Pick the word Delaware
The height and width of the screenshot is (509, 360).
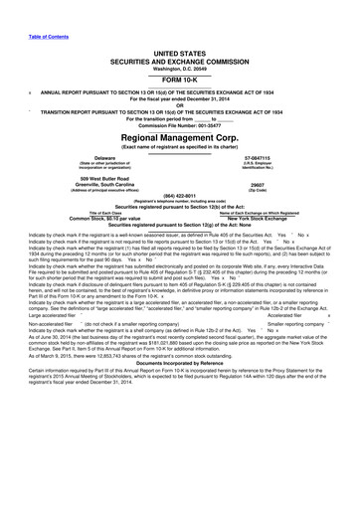tap(70, 157)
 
